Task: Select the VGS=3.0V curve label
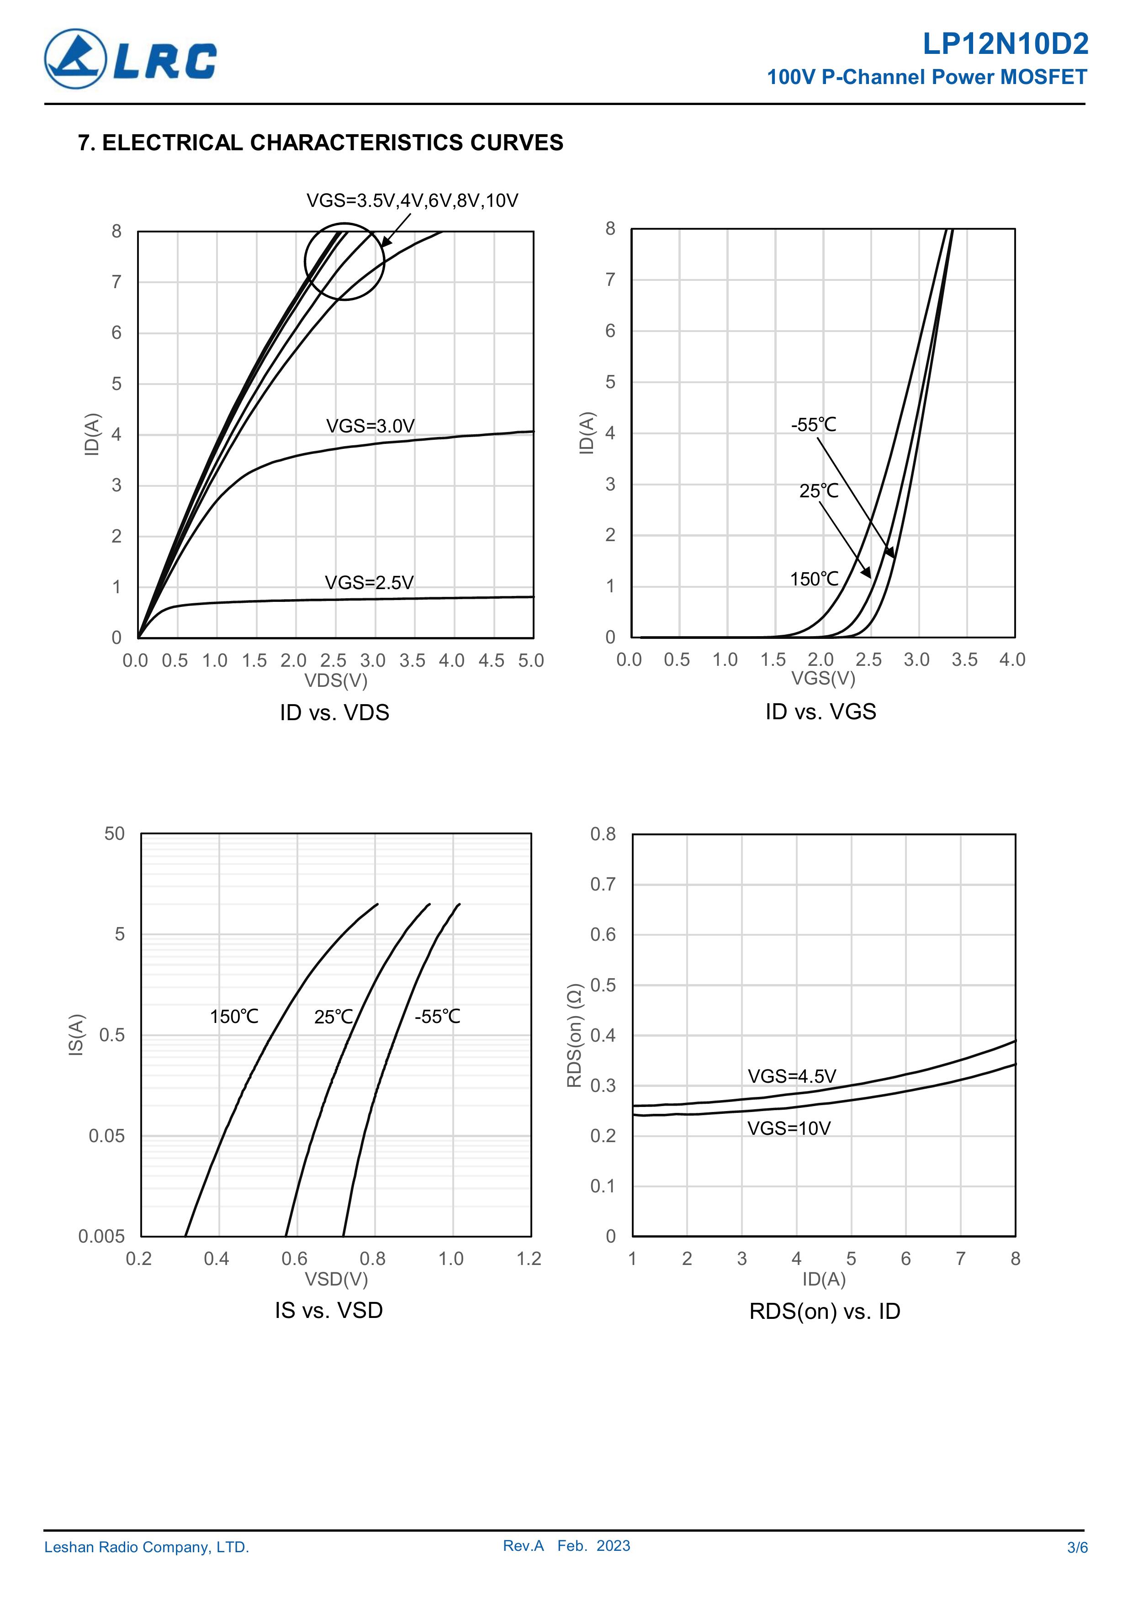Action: tap(370, 426)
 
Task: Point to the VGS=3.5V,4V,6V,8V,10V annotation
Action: tap(412, 201)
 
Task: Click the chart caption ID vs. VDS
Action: tap(334, 712)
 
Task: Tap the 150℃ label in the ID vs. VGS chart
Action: tap(814, 579)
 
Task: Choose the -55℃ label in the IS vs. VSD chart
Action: tap(437, 1017)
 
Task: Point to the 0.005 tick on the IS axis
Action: tap(101, 1236)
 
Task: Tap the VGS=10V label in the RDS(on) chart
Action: tap(789, 1128)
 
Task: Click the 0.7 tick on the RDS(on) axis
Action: tap(603, 884)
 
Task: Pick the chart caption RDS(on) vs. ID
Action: tap(825, 1311)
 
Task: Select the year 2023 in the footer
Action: tap(613, 1545)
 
